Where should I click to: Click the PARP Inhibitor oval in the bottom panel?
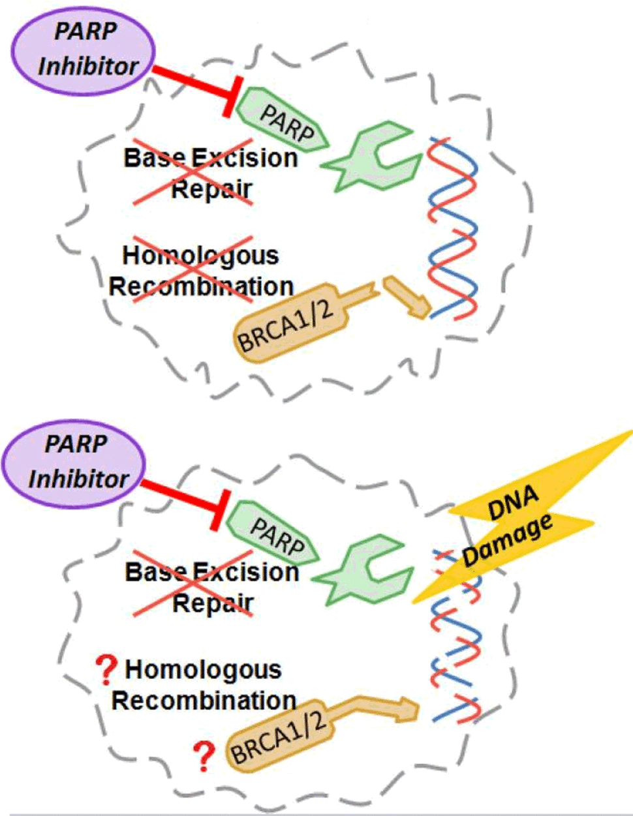point(74,462)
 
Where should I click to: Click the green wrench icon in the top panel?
point(373,157)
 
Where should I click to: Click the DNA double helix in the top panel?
point(452,228)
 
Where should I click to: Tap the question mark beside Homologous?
point(106,671)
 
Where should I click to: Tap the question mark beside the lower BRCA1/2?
point(205,756)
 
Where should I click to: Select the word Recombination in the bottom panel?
point(204,701)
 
